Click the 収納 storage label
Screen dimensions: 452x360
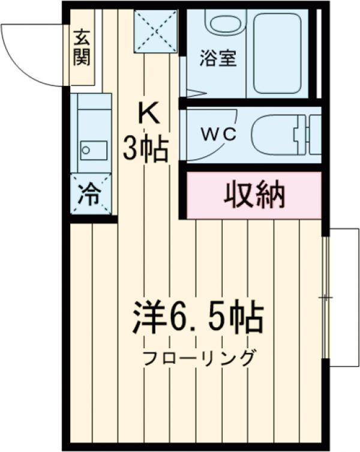point(254,194)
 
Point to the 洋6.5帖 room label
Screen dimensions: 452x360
point(198,318)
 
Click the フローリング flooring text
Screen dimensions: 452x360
point(198,358)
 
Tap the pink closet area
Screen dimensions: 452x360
point(254,194)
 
